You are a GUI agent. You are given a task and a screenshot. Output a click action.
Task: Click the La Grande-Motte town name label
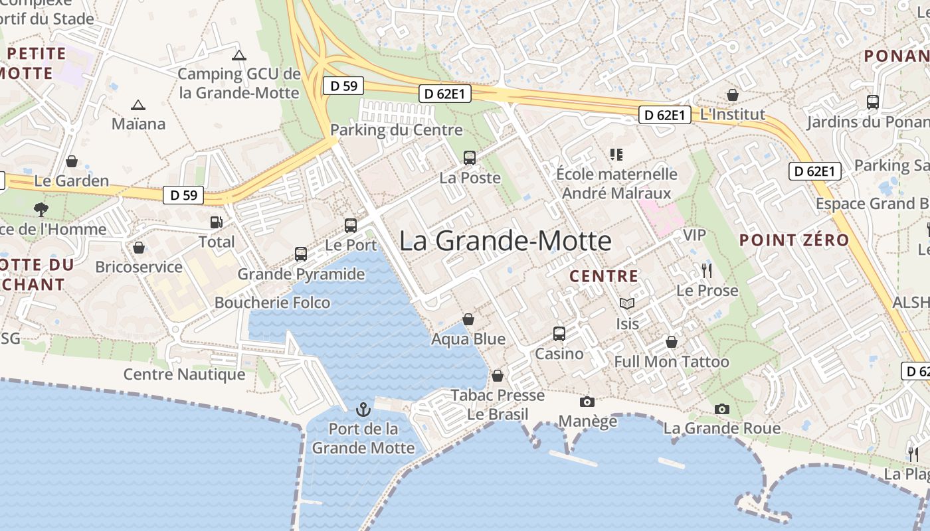[x=505, y=240]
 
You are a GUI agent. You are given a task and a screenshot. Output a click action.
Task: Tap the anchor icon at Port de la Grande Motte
[x=363, y=409]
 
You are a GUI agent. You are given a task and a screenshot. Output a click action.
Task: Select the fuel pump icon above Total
[x=217, y=222]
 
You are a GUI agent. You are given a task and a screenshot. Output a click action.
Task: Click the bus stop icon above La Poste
[x=470, y=158]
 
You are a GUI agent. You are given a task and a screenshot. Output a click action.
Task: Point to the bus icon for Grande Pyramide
[x=301, y=254]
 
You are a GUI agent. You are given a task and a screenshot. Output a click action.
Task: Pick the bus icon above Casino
[x=559, y=334]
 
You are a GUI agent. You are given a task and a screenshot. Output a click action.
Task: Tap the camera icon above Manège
[x=587, y=402]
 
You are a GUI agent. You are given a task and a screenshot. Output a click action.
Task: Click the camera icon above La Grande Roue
[x=722, y=409]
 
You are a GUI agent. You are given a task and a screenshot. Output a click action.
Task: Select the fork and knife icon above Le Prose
[x=707, y=271]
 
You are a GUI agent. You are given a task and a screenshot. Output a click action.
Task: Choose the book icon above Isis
[x=627, y=304]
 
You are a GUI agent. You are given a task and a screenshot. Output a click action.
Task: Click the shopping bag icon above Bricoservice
[x=139, y=248]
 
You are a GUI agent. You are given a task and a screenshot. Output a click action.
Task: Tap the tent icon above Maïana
[x=138, y=105]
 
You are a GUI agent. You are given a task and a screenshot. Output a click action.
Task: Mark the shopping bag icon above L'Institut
[x=733, y=95]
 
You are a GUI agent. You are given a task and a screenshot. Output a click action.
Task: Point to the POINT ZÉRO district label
[x=794, y=240]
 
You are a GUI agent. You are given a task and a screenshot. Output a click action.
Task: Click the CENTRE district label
[x=604, y=276]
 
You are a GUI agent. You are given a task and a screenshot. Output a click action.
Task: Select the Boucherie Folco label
[x=272, y=303]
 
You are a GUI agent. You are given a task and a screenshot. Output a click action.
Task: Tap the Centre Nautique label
[x=185, y=374]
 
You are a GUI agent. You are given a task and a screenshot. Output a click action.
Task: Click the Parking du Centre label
[x=397, y=129]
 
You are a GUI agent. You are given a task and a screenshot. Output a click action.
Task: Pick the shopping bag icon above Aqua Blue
[x=468, y=320]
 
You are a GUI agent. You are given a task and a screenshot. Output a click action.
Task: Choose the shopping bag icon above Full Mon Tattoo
[x=672, y=342]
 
